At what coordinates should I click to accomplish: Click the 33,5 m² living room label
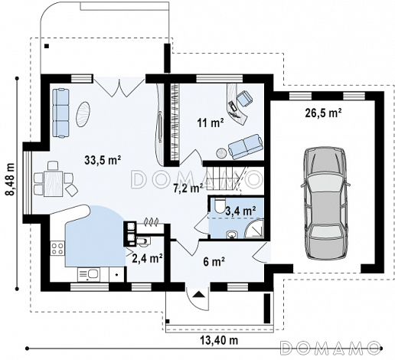click(103, 160)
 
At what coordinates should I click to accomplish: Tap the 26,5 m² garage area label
click(323, 113)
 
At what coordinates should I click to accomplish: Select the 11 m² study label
click(211, 123)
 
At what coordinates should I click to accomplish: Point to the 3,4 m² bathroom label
click(240, 211)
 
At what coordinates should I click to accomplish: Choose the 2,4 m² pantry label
click(147, 258)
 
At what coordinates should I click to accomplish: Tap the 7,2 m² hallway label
click(188, 188)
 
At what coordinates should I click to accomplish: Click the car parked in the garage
click(325, 204)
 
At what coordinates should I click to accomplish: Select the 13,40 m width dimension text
click(218, 340)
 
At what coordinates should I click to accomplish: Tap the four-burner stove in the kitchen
click(57, 249)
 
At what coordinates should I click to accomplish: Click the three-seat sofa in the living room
click(61, 113)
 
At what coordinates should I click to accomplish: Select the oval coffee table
click(83, 114)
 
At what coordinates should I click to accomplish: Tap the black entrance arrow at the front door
click(198, 294)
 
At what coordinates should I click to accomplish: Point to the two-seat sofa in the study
click(246, 146)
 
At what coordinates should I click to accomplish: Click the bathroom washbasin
click(232, 234)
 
